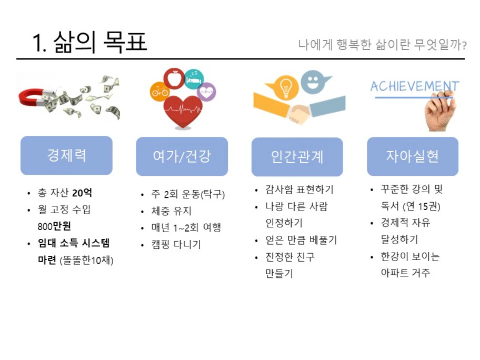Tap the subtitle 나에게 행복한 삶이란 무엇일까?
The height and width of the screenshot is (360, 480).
click(382, 44)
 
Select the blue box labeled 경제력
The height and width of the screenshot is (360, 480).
click(66, 155)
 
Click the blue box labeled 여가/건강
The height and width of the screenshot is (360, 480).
click(182, 156)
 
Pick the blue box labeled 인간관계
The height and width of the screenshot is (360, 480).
click(297, 157)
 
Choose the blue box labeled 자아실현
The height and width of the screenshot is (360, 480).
click(413, 156)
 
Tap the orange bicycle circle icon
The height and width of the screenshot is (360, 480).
click(159, 91)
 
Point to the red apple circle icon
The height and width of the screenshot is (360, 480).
click(174, 78)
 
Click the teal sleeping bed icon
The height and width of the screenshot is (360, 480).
click(194, 79)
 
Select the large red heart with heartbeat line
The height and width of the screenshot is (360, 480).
click(183, 112)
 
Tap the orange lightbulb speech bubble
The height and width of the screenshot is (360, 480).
click(283, 87)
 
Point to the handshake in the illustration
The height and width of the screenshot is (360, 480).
click(299, 114)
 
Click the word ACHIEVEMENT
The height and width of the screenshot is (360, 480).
click(415, 86)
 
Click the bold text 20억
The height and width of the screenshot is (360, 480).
click(82, 193)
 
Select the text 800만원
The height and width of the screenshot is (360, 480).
click(54, 226)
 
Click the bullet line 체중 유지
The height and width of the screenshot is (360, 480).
click(172, 211)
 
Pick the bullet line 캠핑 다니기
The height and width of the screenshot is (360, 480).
click(176, 244)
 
